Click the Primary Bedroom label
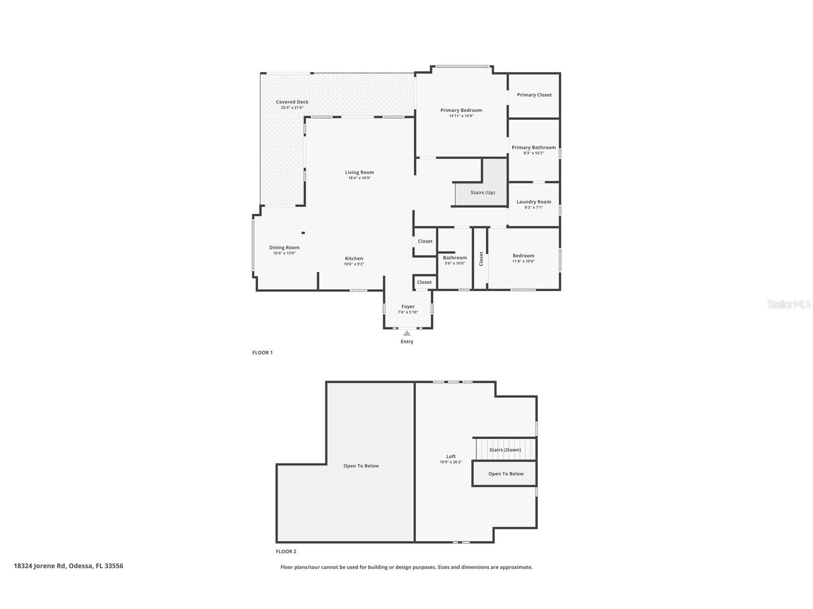click(461, 110)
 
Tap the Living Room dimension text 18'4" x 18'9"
click(359, 178)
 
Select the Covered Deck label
click(292, 102)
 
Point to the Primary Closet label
click(534, 95)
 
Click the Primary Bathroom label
click(534, 147)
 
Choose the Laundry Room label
click(534, 202)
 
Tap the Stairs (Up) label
click(482, 192)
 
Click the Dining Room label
click(284, 248)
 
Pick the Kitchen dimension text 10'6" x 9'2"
click(354, 264)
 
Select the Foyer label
click(408, 306)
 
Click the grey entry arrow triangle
click(407, 333)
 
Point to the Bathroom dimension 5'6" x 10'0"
click(455, 263)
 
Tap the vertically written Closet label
click(481, 259)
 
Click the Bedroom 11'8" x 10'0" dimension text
click(523, 261)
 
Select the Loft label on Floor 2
click(451, 456)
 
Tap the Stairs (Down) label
click(505, 450)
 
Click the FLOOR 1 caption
click(263, 352)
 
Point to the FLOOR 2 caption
click(286, 552)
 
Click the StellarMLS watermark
click(789, 304)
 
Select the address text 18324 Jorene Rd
click(40, 566)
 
